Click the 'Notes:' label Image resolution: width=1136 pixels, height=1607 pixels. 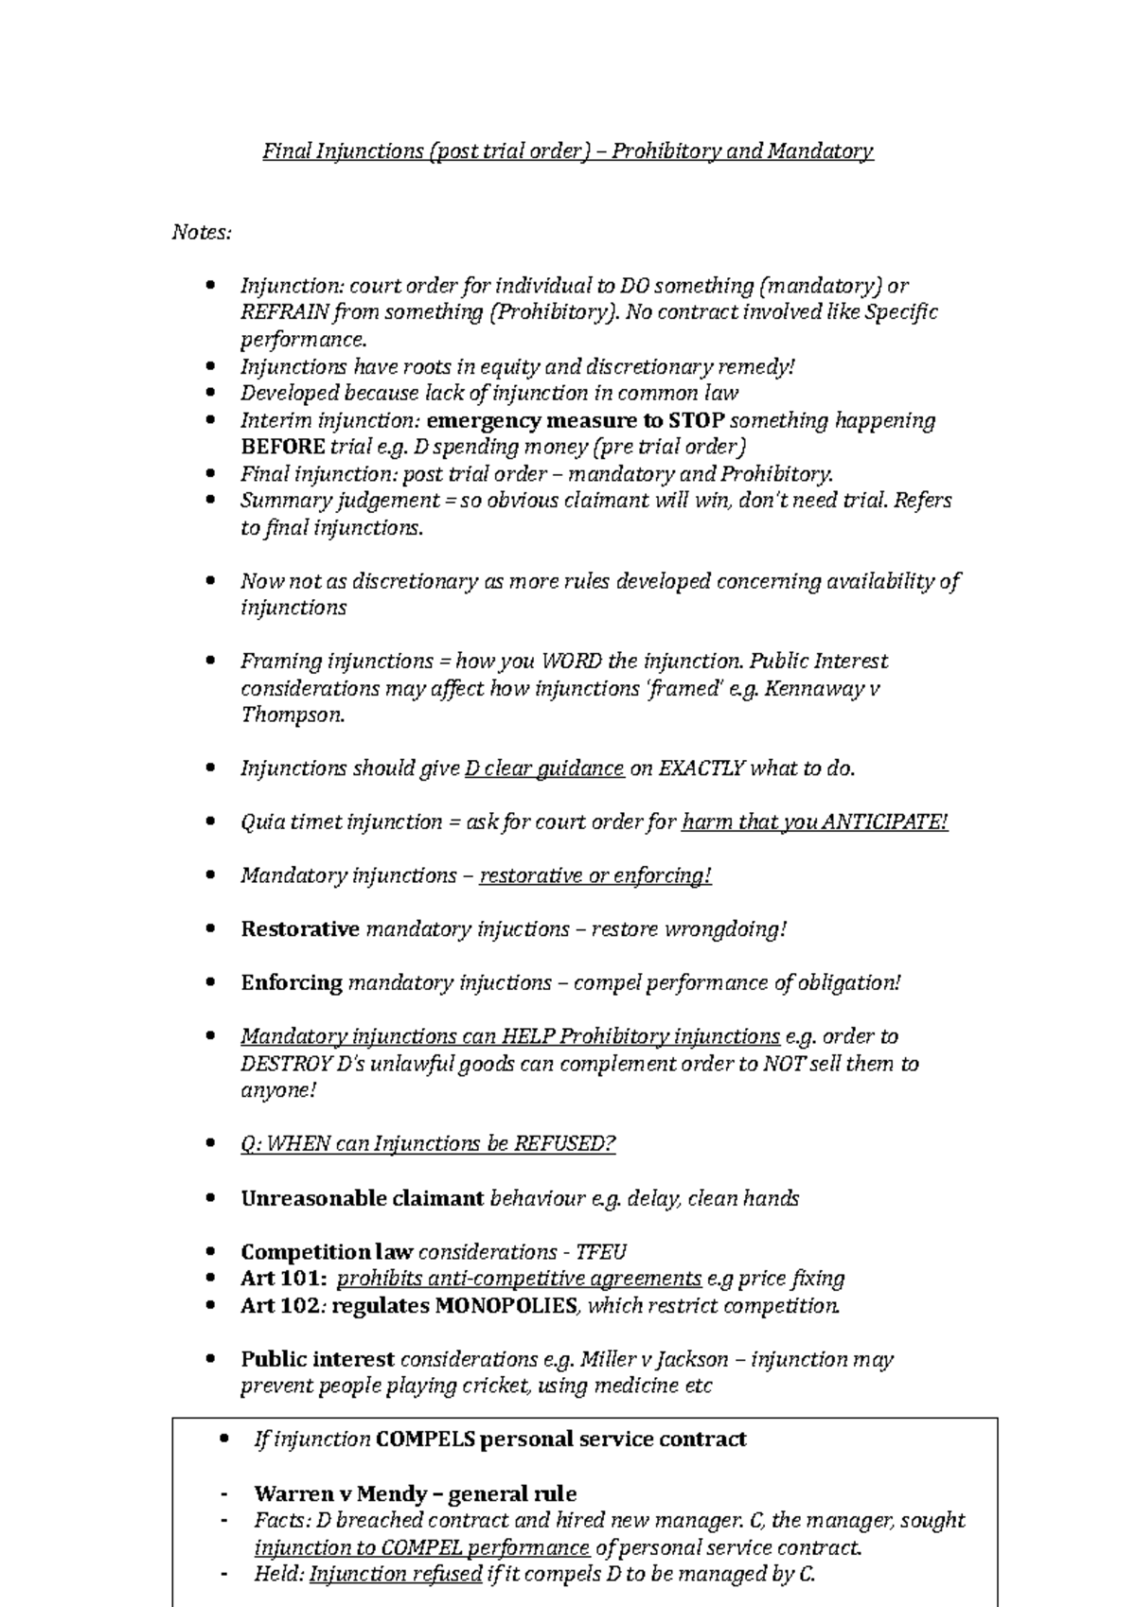pos(202,232)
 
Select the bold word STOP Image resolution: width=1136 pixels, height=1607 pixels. pos(696,420)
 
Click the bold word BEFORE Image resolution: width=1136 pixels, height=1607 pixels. pos(283,447)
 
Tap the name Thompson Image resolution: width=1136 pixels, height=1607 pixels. pos(292,715)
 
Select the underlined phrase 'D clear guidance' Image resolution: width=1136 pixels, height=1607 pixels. pos(544,768)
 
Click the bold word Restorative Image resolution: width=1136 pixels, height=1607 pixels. pos(300,929)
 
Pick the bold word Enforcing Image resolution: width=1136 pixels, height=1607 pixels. pos(292,982)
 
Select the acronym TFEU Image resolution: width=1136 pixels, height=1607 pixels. pos(601,1252)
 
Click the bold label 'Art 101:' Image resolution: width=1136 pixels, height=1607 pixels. pos(284,1279)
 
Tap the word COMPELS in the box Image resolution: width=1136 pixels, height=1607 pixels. pos(424,1439)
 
